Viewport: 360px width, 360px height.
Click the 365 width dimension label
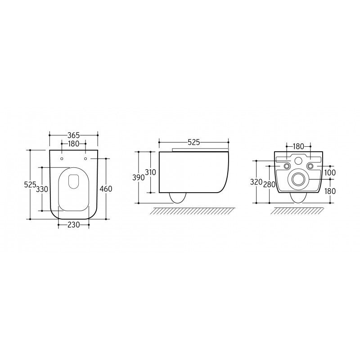coord(73,135)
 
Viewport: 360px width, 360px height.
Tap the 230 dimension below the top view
coord(73,225)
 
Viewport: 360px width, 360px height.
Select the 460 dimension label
coord(106,189)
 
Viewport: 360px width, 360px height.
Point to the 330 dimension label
coord(42,189)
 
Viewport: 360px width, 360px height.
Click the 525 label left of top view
coord(30,184)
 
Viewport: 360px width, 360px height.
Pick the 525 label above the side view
coord(194,142)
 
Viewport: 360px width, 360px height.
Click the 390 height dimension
coord(139,177)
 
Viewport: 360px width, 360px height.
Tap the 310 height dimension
coord(151,172)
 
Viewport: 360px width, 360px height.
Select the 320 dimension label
coord(256,182)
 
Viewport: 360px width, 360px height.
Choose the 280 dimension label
coord(269,184)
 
